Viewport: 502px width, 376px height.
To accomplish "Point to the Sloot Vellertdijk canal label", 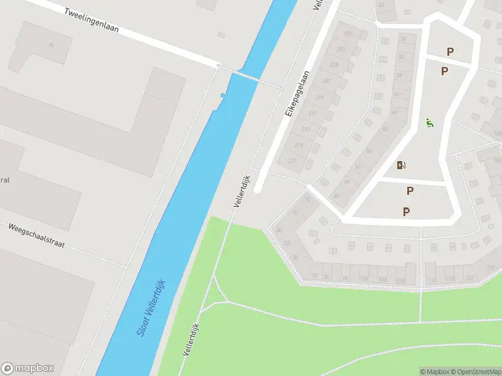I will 151,308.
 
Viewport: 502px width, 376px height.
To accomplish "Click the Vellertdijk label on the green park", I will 191,340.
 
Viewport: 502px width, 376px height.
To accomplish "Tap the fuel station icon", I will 401,165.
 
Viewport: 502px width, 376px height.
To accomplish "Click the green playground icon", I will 429,123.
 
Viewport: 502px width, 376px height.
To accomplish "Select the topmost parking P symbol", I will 449,51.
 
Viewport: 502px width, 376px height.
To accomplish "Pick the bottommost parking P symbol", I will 407,212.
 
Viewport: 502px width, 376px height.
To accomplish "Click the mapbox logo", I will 28,368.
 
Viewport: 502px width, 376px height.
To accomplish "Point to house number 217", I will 292,160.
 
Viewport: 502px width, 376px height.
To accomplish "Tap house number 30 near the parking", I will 403,39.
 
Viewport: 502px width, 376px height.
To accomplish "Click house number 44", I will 395,112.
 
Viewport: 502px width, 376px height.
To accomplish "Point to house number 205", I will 334,65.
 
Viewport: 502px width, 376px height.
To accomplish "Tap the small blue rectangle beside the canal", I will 223,95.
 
